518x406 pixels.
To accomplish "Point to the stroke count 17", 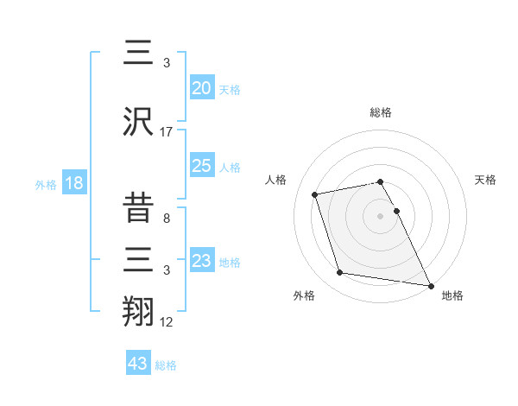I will pos(167,132).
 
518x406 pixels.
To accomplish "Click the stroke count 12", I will pos(167,322).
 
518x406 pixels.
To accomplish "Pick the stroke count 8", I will pos(167,219).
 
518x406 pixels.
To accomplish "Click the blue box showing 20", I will pos(201,88).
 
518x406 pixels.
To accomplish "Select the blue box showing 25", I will pos(201,166).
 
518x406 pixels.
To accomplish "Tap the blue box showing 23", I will pos(201,261).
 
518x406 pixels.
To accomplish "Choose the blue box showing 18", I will pos(73,184).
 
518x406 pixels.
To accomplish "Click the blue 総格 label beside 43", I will pos(167,365).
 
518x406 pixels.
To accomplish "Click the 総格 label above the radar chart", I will pos(381,113).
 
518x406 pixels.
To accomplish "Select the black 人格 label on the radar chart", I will pos(276,180).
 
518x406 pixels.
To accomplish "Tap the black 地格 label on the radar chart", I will pos(452,295).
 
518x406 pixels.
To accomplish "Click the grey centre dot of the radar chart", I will pos(380,215).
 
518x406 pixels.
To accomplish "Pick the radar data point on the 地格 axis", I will pos(430,285).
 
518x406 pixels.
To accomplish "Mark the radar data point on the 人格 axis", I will pos(315,193).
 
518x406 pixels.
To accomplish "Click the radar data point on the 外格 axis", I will pos(340,273).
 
